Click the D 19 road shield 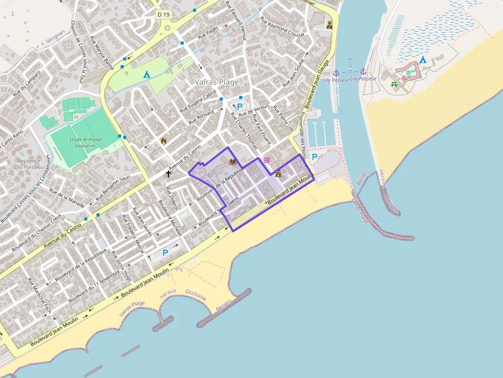pyautogui.click(x=163, y=15)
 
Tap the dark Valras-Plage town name pyautogui.click(x=217, y=82)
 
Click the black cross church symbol pyautogui.click(x=168, y=174)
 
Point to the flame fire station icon pyautogui.click(x=164, y=141)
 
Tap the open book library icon pyautogui.click(x=233, y=162)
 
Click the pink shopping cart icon pyautogui.click(x=266, y=160)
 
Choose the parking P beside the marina pyautogui.click(x=315, y=156)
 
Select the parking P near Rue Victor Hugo pyautogui.click(x=165, y=252)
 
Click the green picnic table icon pyautogui.click(x=394, y=85)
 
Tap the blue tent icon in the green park pyautogui.click(x=146, y=74)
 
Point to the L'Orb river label pyautogui.click(x=349, y=64)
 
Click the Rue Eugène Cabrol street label pyautogui.click(x=198, y=102)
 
